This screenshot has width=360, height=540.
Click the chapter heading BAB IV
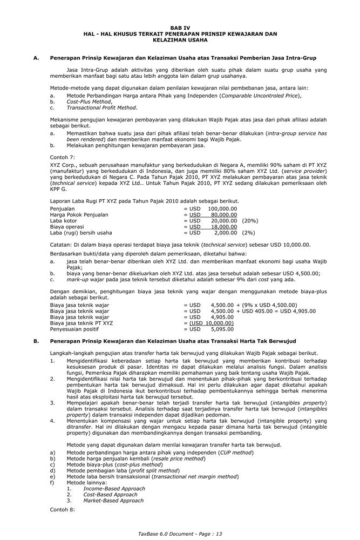(180, 28)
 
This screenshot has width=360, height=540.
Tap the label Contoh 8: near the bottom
(63, 509)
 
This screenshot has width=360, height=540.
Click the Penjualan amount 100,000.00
(222, 208)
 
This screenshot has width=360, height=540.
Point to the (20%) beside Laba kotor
(250, 221)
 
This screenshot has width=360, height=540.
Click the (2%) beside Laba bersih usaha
(248, 233)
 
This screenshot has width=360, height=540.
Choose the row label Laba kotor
(63, 221)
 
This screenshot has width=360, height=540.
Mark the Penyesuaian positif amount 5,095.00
(222, 328)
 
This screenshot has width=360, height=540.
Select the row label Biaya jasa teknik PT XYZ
(81, 322)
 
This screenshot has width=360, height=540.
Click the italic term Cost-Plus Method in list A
(89, 102)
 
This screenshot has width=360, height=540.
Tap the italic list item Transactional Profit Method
(101, 107)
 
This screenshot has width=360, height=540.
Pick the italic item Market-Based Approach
(113, 501)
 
